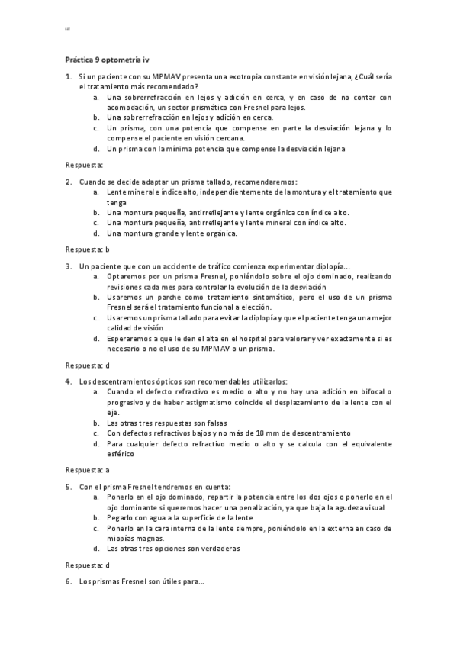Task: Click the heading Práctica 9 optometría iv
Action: [106, 58]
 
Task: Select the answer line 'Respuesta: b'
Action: [88, 249]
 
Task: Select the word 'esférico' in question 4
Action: [120, 453]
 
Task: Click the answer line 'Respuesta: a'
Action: [88, 470]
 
